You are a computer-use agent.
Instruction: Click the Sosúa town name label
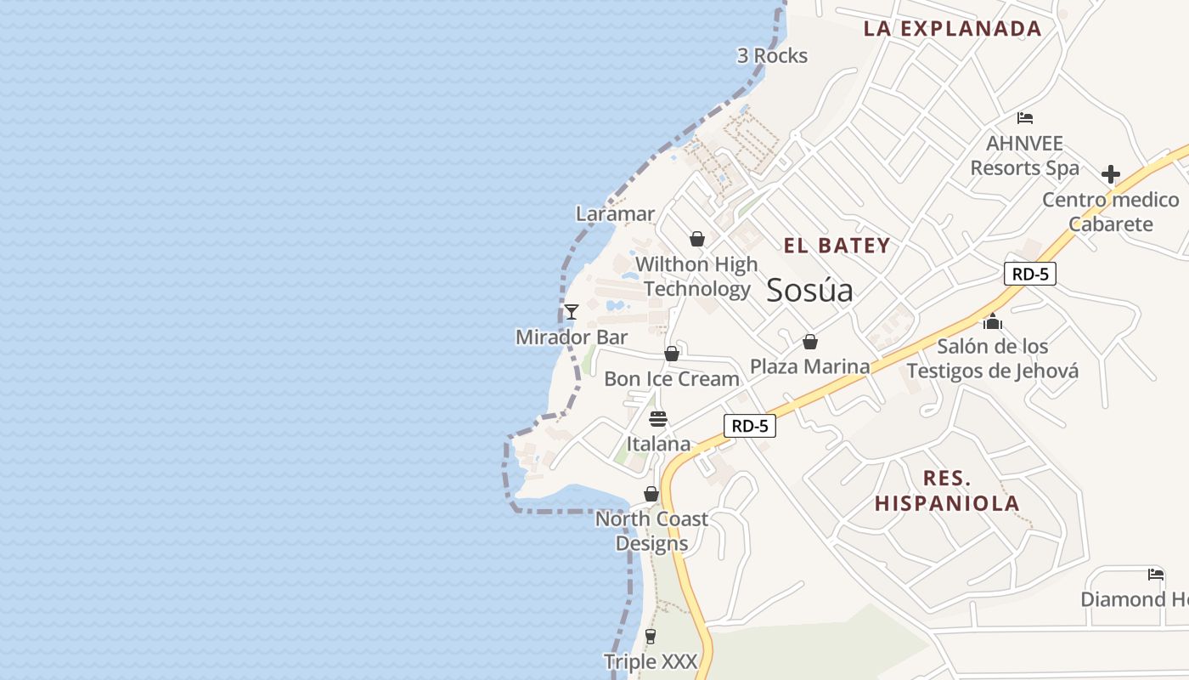pos(809,290)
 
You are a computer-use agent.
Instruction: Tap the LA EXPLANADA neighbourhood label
pos(952,28)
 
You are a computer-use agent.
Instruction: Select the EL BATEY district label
pos(837,246)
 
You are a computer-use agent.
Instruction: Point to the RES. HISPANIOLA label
pos(947,490)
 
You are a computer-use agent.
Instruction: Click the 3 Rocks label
pos(772,56)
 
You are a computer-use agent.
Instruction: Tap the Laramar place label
pos(615,213)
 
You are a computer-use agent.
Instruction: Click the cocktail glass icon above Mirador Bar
pos(572,312)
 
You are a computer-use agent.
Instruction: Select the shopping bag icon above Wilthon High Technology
pos(697,239)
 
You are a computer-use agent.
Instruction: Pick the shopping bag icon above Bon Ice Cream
pos(672,353)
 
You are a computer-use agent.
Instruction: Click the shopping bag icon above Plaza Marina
pos(810,342)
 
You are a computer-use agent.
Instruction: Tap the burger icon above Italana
pos(658,418)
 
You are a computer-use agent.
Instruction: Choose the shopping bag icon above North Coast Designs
pos(651,494)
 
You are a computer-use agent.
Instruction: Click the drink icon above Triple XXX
pos(651,636)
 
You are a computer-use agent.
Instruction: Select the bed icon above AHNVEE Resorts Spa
pos(1025,118)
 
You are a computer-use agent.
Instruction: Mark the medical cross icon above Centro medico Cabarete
pos(1110,174)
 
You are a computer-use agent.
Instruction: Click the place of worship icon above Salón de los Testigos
pos(993,321)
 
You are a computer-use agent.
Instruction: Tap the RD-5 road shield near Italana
pos(750,426)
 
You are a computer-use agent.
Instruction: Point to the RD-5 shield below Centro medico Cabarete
pos(1029,274)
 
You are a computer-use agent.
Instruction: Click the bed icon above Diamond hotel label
pos(1156,574)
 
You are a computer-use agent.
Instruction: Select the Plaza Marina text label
pos(809,366)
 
